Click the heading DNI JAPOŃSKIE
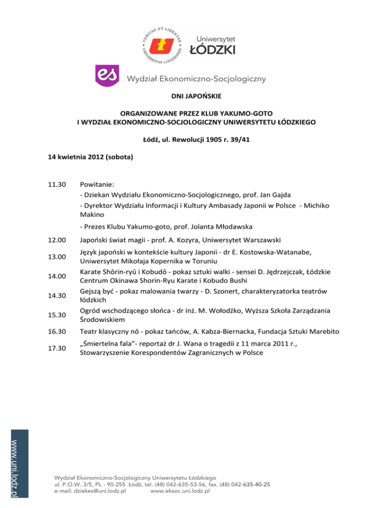point(196,95)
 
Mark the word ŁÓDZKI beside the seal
point(212,49)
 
